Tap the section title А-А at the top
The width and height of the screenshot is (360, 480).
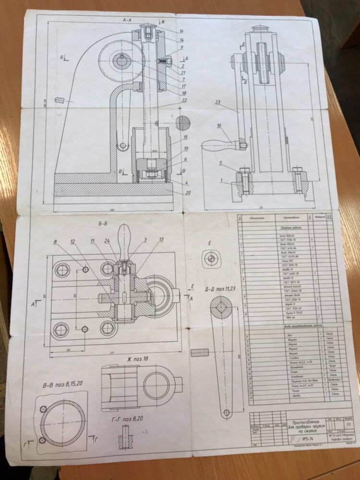127,20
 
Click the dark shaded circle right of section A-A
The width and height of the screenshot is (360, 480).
183,123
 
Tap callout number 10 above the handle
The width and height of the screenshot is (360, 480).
219,126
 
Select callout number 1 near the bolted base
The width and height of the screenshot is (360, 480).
221,180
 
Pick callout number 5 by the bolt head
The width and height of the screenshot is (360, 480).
221,163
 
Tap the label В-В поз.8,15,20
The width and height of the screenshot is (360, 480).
60,385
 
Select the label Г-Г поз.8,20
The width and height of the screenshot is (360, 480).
127,419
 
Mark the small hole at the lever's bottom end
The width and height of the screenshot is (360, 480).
225,411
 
